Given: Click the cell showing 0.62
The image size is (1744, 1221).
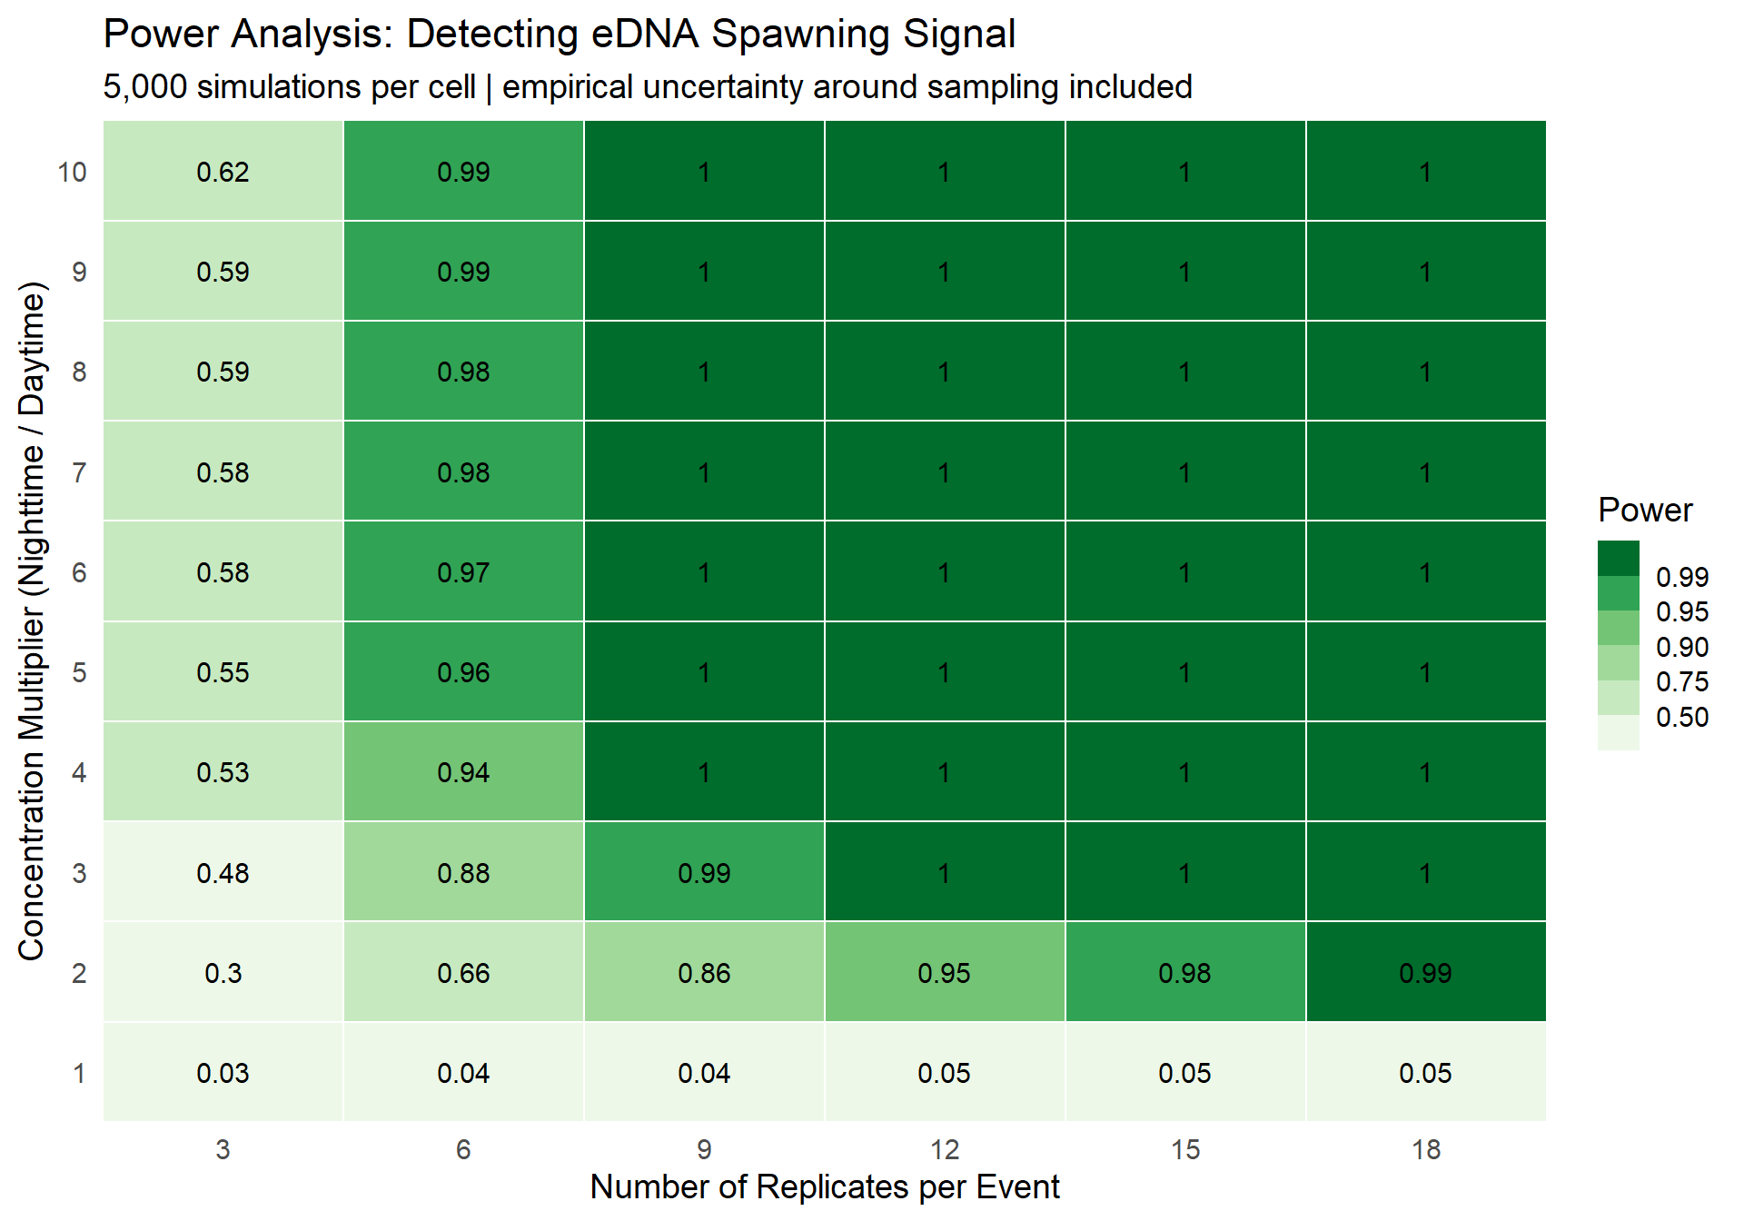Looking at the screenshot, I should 223,172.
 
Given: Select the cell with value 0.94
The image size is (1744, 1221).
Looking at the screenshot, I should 463,772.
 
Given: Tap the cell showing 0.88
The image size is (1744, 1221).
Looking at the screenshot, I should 463,873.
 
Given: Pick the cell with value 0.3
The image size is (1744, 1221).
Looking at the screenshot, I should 223,973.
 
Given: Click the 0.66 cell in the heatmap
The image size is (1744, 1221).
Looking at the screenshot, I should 463,973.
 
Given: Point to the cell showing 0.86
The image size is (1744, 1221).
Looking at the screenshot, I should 704,973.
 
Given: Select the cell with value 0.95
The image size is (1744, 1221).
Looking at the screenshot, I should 944,973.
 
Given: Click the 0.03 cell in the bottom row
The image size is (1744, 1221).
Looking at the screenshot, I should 223,1073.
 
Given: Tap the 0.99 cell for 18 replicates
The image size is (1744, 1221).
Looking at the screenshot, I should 1425,973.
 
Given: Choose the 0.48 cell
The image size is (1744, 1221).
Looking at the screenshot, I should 223,873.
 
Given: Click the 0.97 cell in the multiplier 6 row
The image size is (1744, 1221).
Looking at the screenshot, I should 463,572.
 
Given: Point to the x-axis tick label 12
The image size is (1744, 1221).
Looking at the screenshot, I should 944,1150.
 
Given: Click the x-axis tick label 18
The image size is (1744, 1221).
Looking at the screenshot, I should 1425,1150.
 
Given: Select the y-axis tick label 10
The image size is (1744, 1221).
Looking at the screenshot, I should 72,172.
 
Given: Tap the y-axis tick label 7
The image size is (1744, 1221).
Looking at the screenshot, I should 79,472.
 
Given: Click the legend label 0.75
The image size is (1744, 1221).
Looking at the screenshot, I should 1681,682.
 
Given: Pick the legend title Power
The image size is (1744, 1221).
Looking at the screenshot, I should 1645,511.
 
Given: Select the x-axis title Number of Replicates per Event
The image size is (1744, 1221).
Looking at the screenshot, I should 824,1187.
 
